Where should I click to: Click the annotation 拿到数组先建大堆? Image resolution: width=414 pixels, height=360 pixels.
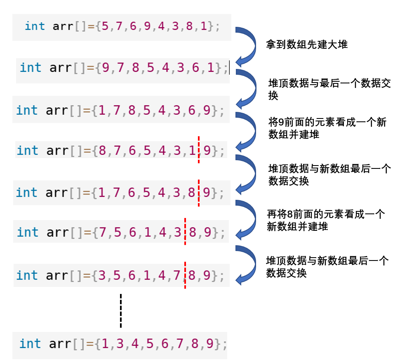pyautogui.click(x=308, y=44)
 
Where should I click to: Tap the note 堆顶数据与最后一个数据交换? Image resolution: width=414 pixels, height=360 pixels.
pyautogui.click(x=329, y=90)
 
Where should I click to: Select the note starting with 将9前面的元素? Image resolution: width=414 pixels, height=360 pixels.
pyautogui.click(x=327, y=128)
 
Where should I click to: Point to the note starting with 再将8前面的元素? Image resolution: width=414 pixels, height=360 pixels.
pyautogui.click(x=326, y=220)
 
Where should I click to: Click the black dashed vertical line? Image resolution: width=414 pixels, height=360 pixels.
pyautogui.click(x=121, y=310)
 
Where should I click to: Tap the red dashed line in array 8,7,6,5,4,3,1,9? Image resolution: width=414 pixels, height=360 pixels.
pyautogui.click(x=199, y=149)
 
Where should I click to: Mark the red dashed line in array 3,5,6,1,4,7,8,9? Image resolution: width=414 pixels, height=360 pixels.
pyautogui.click(x=185, y=275)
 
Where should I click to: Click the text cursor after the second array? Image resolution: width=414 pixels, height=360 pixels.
pyautogui.click(x=228, y=67)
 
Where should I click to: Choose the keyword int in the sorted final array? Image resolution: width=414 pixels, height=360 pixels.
pyautogui.click(x=30, y=343)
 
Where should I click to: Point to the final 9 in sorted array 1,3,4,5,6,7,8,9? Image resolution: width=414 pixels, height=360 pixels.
pyautogui.click(x=209, y=343)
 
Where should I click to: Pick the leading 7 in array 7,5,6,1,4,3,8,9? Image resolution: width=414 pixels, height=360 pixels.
pyautogui.click(x=103, y=232)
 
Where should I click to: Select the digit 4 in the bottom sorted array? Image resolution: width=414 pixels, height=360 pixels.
pyautogui.click(x=135, y=343)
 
